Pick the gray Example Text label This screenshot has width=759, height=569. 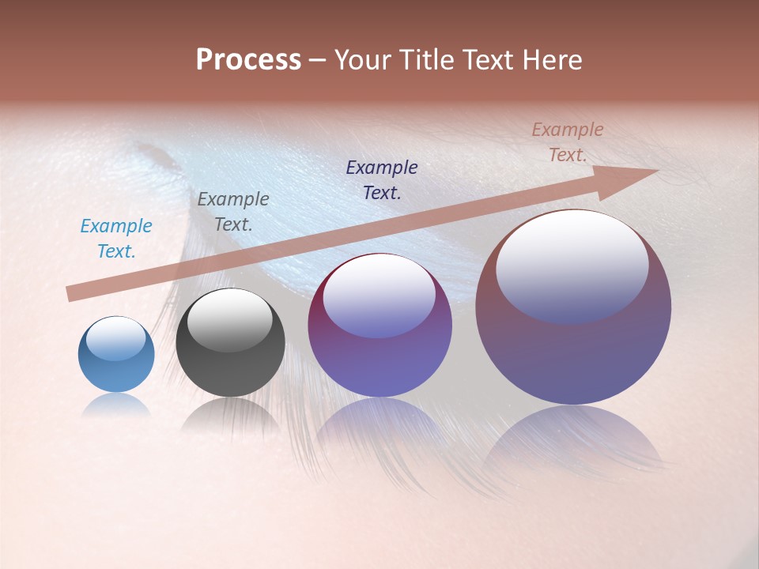tap(233, 212)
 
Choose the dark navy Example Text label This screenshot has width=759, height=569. tap(382, 179)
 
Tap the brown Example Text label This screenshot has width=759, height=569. tap(568, 142)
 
